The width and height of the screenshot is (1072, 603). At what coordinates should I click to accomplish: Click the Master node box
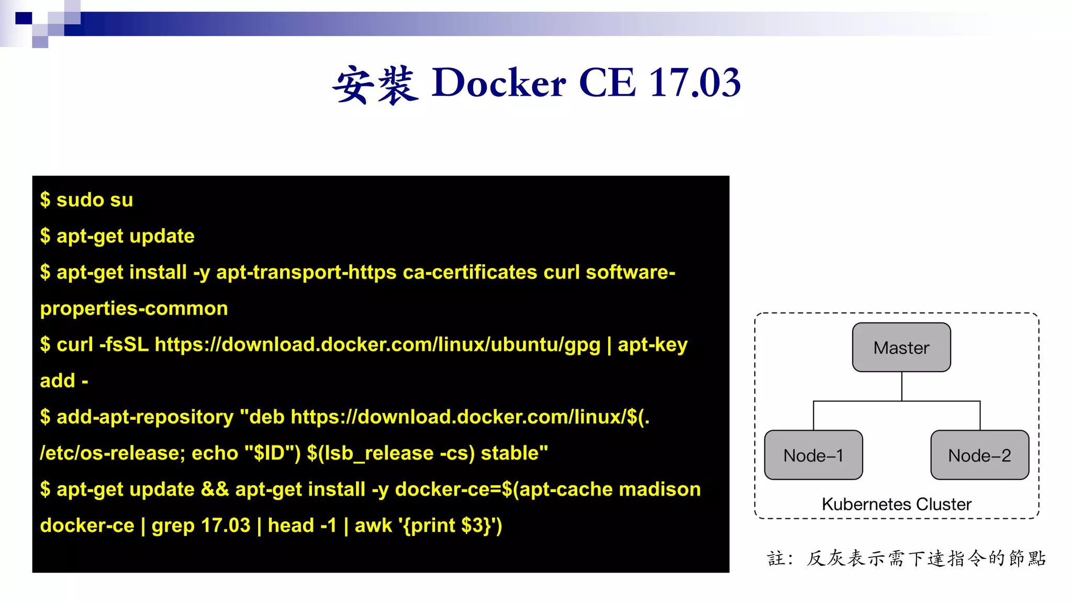click(x=901, y=348)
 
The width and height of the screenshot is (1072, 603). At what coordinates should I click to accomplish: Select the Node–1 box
click(x=813, y=455)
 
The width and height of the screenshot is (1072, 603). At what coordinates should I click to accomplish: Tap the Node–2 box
click(x=979, y=455)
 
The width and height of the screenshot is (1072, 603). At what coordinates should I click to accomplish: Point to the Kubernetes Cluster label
click(x=896, y=504)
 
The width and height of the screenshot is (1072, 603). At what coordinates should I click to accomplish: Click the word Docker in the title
click(x=498, y=83)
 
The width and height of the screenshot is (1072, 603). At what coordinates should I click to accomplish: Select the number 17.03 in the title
click(x=695, y=83)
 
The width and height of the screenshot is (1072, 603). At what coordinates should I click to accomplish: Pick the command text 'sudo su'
click(x=95, y=200)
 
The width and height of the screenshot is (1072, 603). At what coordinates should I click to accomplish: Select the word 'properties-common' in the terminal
click(x=134, y=308)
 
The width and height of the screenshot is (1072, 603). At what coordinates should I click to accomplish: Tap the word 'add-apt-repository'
click(x=145, y=417)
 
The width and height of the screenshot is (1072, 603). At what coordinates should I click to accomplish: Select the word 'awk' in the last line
click(x=373, y=525)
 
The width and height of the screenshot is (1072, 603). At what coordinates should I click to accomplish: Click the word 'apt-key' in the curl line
click(x=653, y=344)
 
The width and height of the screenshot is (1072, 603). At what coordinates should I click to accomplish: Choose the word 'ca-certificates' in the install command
click(x=470, y=272)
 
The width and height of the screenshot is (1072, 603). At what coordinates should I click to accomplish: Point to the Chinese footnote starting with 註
click(x=906, y=559)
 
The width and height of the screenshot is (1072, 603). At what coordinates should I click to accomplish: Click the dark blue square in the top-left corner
click(x=24, y=18)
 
